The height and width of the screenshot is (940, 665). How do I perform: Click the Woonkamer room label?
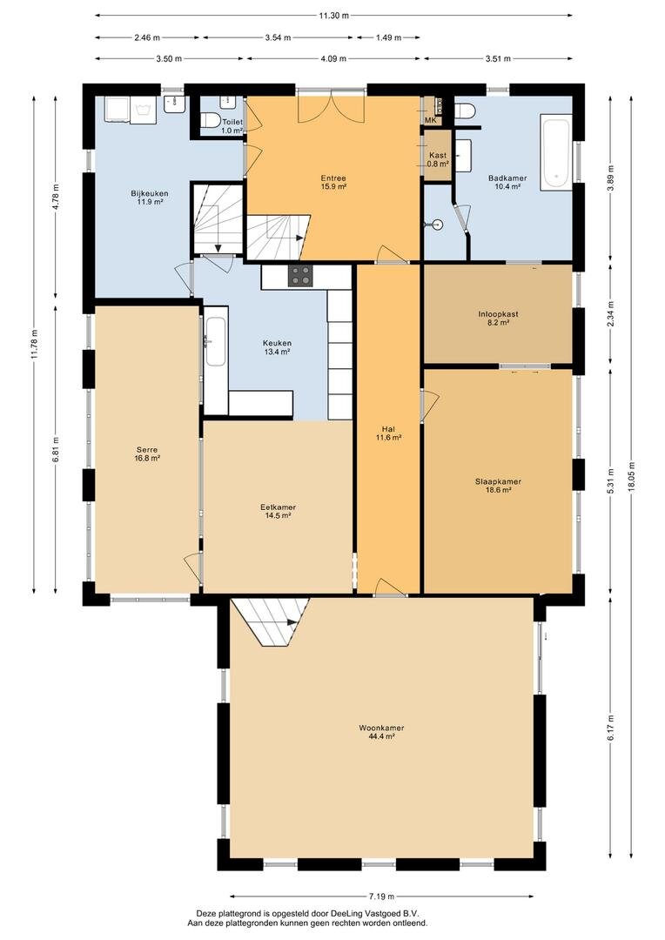[x=381, y=728]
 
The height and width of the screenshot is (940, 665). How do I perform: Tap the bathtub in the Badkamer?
[x=554, y=152]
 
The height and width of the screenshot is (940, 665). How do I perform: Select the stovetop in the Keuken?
[x=301, y=276]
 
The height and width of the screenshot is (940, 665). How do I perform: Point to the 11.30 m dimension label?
[x=333, y=16]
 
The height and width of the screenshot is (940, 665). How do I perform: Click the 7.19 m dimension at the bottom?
[x=382, y=896]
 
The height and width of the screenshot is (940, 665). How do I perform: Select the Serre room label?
[x=146, y=450]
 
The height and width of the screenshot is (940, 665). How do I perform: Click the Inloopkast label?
[x=498, y=314]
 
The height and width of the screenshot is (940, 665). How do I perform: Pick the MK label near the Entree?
[x=430, y=120]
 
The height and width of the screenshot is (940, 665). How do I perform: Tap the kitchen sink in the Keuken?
[x=215, y=340]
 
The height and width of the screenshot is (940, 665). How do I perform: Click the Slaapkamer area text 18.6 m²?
[x=498, y=491]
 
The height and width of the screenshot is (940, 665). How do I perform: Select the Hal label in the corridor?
[x=389, y=428]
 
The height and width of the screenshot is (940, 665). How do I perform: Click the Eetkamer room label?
[x=278, y=507]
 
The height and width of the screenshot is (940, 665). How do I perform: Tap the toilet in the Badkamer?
[x=464, y=111]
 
